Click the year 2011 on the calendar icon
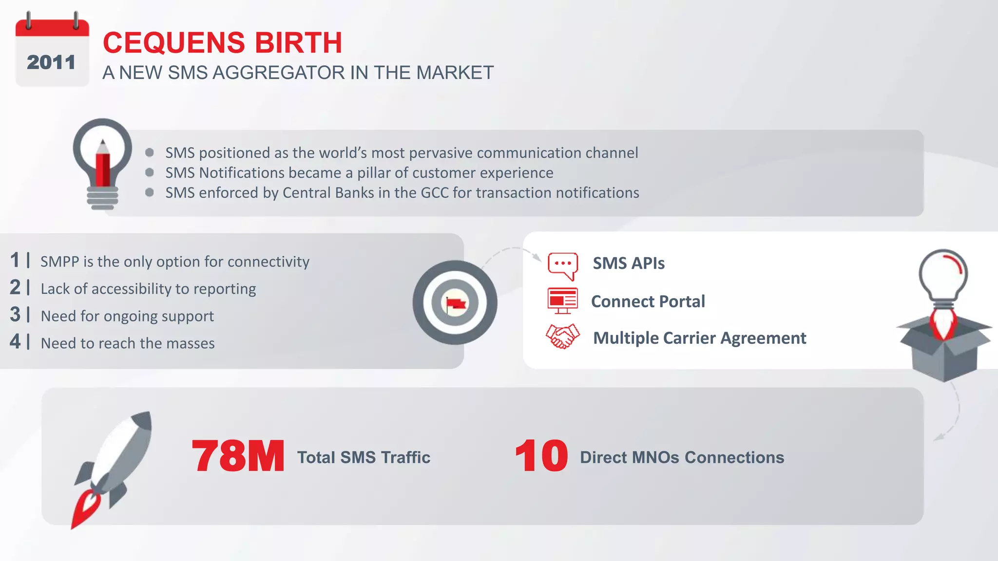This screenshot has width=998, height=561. point(51,62)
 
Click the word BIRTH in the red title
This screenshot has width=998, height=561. point(298,43)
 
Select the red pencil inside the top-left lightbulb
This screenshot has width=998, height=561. point(103,166)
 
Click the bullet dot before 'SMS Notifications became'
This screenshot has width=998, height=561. point(150,172)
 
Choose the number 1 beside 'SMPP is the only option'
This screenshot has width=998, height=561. point(15,260)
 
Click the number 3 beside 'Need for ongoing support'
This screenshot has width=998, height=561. point(15,315)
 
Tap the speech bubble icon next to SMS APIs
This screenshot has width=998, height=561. point(563,264)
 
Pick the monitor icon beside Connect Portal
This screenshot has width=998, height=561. point(562,300)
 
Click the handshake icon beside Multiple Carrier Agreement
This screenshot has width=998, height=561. point(562,337)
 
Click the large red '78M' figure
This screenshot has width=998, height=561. point(238,456)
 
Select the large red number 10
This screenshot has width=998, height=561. point(541,456)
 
